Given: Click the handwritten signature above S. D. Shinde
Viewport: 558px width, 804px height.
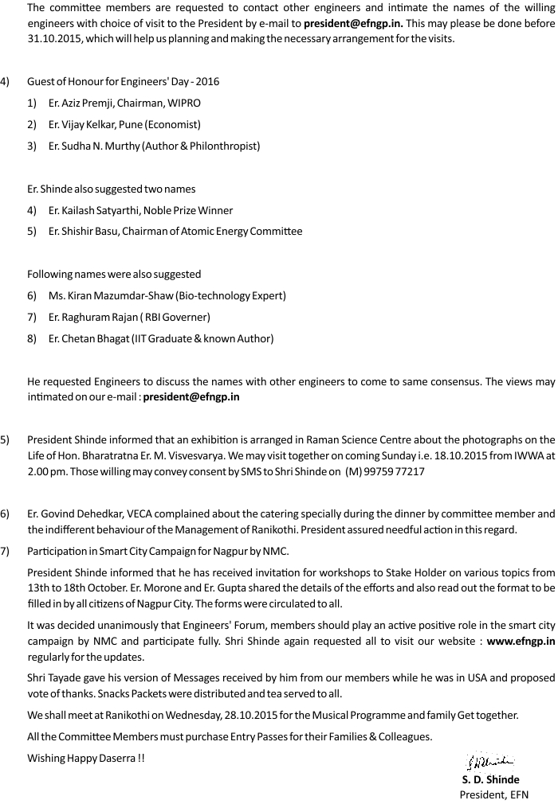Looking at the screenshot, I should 489,763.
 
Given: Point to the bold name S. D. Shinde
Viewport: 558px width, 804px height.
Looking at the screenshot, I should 490,779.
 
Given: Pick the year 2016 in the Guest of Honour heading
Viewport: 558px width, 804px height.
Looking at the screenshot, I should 206,82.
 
